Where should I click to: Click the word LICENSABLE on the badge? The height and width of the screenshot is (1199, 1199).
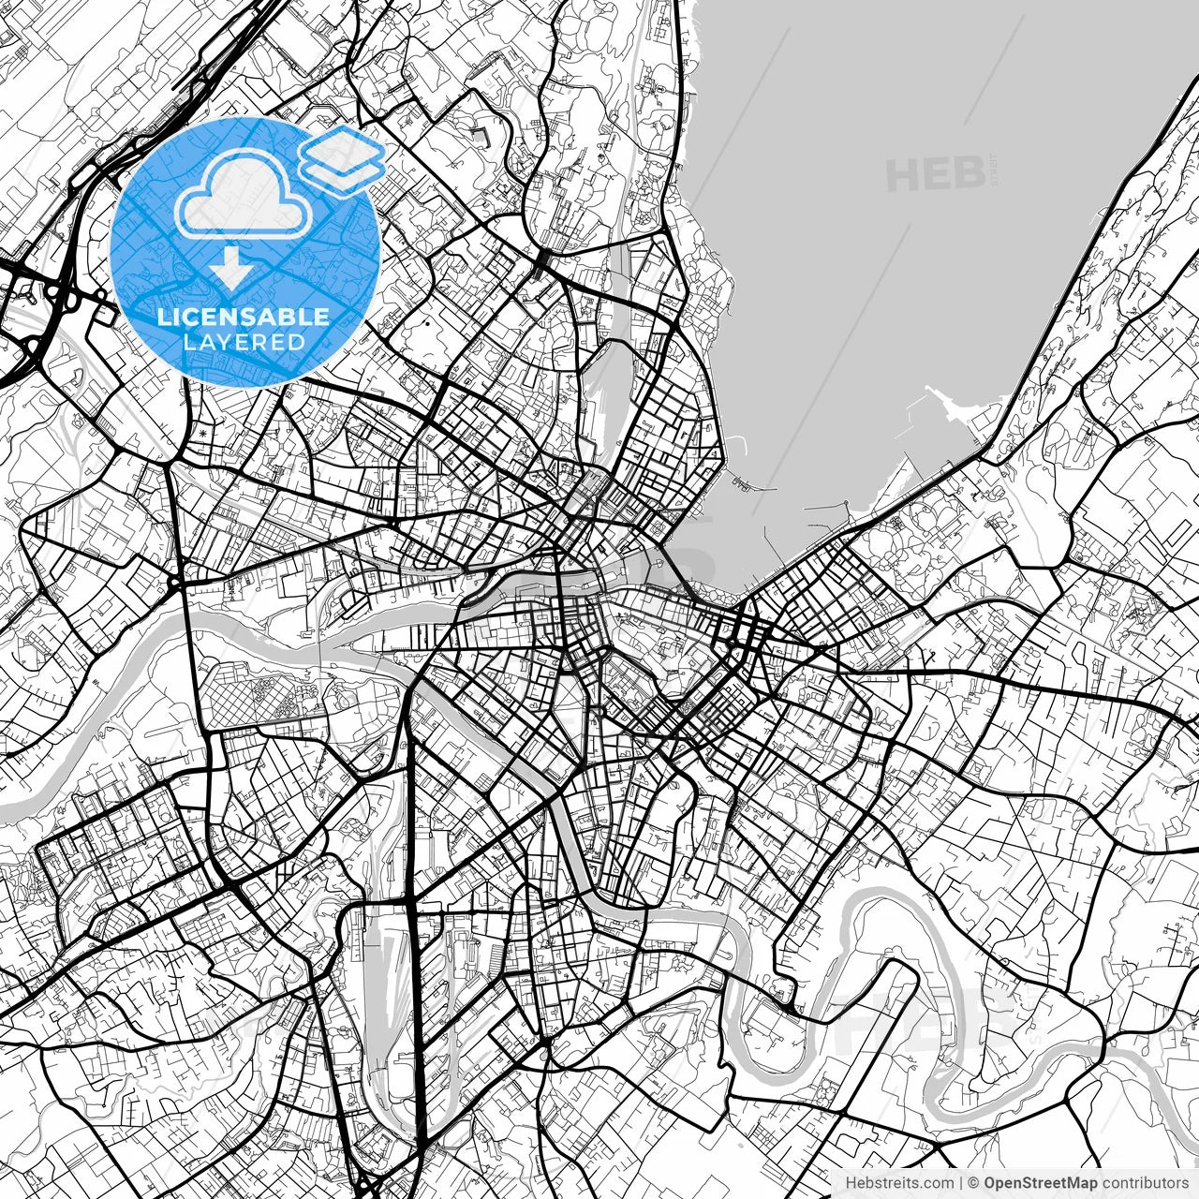point(244,318)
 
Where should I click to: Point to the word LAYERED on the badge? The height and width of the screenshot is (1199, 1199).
point(244,342)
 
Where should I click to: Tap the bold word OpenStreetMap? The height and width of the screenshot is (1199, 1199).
point(1040,1183)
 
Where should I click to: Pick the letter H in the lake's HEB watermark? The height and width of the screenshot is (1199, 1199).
point(904,174)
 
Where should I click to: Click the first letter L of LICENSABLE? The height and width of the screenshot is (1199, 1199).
point(163,318)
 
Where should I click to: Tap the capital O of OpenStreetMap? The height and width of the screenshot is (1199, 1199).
point(991,1183)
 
